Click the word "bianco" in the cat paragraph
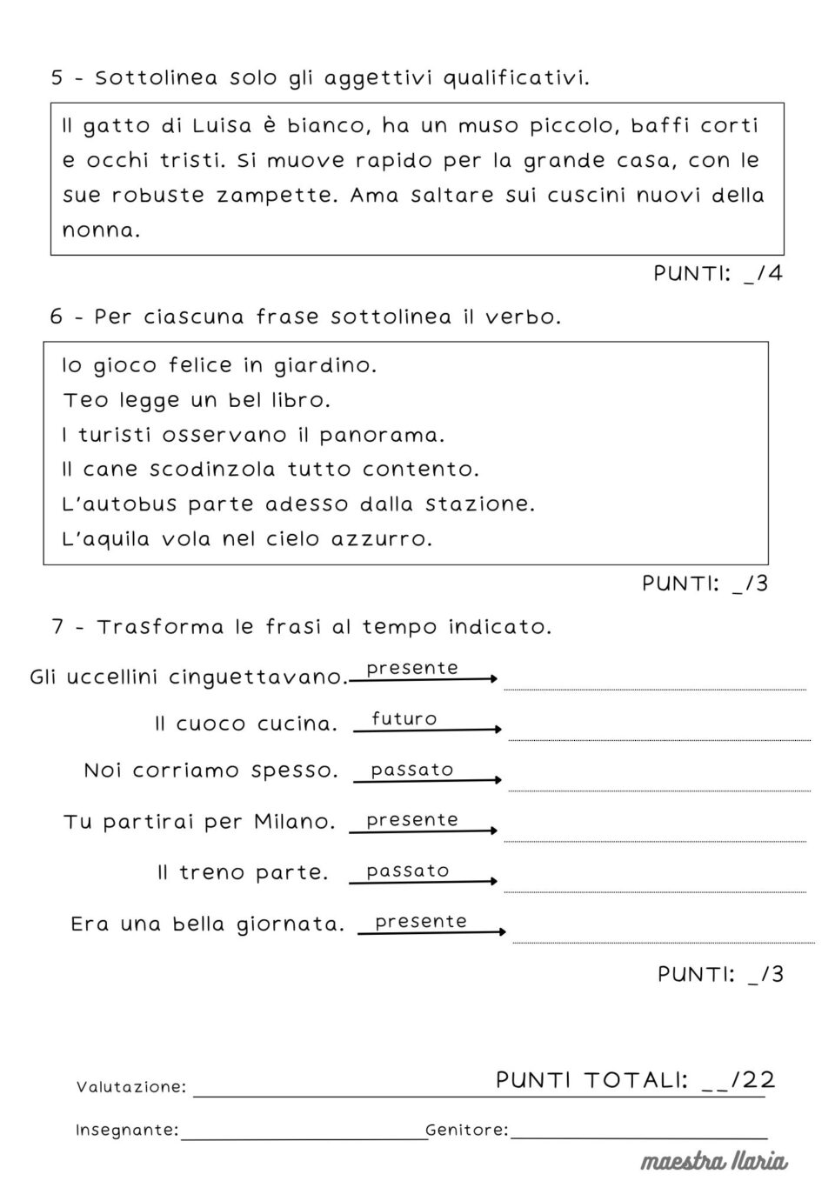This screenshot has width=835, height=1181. click(x=317, y=125)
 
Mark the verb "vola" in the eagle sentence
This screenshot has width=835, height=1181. click(x=186, y=539)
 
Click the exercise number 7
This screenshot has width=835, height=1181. click(x=57, y=627)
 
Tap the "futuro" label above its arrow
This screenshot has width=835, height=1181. click(x=404, y=718)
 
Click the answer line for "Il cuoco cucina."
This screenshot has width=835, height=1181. click(x=658, y=738)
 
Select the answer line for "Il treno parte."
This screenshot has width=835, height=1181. click(x=654, y=891)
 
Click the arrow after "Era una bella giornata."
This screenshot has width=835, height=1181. click(x=431, y=932)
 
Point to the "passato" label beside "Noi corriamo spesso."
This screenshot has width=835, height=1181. click(x=411, y=770)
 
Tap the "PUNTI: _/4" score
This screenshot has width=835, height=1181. click(x=718, y=274)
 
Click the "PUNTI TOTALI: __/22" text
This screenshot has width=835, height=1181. click(x=635, y=1080)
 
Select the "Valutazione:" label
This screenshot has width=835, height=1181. click(x=130, y=1087)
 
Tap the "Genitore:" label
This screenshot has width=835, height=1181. click(x=466, y=1131)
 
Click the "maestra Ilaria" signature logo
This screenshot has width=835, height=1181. click(x=714, y=1161)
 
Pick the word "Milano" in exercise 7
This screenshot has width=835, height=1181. click(x=294, y=822)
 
